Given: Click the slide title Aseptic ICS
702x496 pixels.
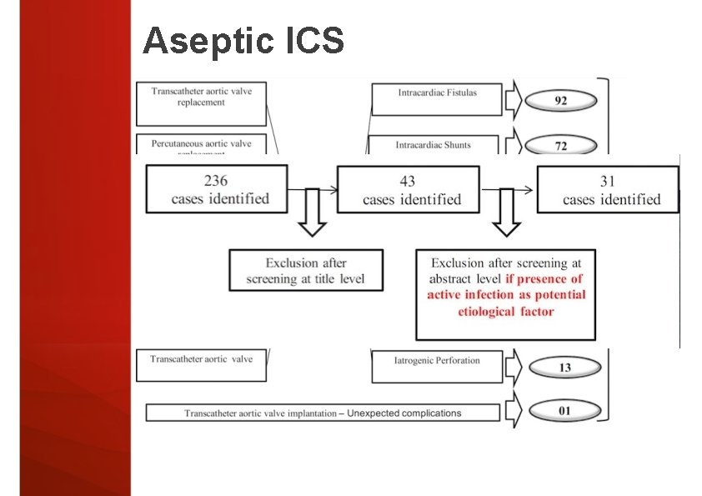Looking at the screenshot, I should [243, 40].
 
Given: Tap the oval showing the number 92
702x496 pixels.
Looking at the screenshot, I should [561, 101].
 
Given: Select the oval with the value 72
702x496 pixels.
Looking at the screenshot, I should [561, 145].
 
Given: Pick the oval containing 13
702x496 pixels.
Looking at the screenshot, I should [564, 368].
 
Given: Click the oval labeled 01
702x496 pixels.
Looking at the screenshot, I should [564, 411].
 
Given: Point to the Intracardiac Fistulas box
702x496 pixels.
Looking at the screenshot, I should [436, 99].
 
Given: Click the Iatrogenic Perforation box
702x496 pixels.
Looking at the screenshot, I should [436, 365].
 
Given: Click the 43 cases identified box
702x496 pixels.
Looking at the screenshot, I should [408, 189].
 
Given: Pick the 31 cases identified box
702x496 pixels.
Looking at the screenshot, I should [609, 189].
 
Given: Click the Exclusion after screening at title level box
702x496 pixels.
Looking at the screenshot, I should [306, 270].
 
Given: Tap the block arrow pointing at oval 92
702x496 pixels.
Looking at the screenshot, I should [513, 100].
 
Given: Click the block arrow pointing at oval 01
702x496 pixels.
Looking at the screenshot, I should [513, 411].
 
